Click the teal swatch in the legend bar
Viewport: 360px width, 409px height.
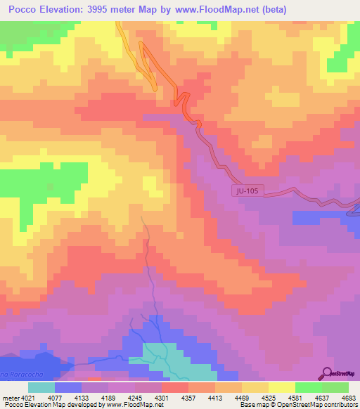[x=41, y=387]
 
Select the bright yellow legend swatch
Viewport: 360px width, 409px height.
[x=281, y=387]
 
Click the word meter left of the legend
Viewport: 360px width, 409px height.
[x=8, y=397]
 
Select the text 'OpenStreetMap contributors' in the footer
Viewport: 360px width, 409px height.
[x=316, y=405]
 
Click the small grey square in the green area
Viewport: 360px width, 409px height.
[x=50, y=188]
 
